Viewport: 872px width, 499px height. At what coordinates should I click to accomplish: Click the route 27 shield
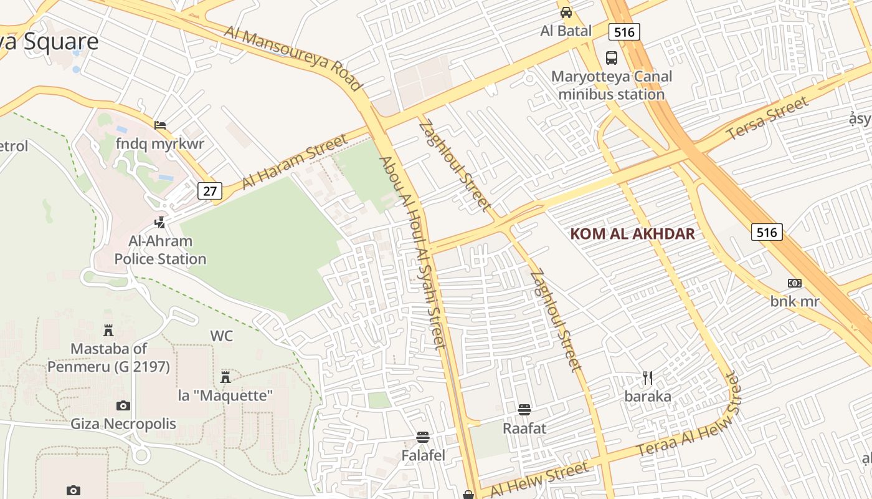(210, 191)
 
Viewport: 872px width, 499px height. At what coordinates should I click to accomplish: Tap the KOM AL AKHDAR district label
(632, 234)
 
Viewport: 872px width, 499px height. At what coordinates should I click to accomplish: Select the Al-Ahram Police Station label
(160, 250)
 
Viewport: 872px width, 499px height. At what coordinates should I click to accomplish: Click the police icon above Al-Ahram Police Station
(160, 221)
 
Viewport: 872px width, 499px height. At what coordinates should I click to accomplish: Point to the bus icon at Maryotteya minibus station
(612, 58)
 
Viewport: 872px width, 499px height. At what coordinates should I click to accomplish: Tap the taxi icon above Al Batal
(566, 12)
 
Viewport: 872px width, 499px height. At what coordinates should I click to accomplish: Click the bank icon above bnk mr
(794, 283)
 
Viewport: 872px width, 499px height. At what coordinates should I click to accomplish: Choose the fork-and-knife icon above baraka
(648, 377)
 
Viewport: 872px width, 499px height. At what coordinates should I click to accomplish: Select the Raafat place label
(524, 429)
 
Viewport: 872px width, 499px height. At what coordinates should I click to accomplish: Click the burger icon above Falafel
(423, 437)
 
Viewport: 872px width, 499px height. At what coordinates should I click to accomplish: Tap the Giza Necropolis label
(123, 424)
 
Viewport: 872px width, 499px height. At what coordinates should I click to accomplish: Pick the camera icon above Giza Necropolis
(123, 406)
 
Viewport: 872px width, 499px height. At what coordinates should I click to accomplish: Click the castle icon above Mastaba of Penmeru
(108, 330)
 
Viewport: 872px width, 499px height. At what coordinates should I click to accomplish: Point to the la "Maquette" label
(225, 395)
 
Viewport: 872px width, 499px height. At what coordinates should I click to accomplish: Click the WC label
(221, 336)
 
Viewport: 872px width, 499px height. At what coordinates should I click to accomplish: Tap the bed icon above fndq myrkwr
(160, 125)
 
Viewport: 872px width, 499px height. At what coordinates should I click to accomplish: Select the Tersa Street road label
(767, 118)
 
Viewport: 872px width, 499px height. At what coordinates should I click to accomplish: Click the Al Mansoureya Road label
(293, 58)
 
